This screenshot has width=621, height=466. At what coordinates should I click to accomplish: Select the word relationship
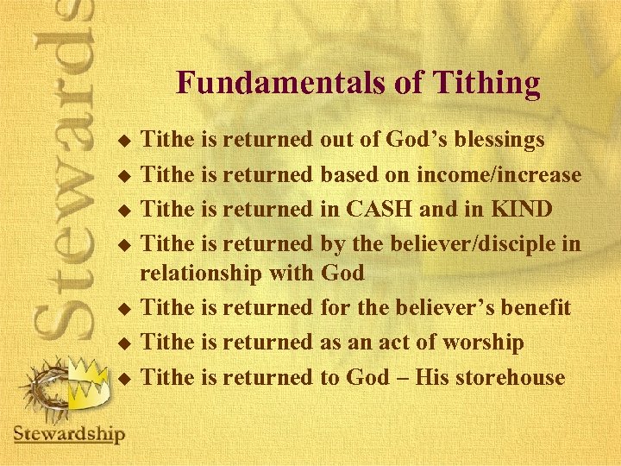tap(199, 273)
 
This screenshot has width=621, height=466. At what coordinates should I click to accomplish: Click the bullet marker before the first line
tap(124, 140)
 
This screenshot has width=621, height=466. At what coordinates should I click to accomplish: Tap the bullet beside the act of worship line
tap(124, 343)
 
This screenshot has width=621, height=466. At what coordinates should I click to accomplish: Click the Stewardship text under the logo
tap(69, 434)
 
